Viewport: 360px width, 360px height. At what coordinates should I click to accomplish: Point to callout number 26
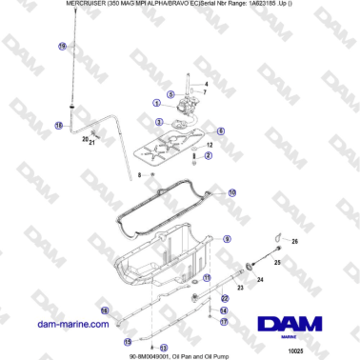[x=294, y=242]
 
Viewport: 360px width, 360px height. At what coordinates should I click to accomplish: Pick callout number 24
[x=260, y=279]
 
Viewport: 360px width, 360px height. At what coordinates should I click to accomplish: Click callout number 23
[x=240, y=287]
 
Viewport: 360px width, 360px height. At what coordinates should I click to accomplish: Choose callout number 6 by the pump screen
[x=221, y=130]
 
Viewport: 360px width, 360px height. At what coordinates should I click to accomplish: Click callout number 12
[x=209, y=143]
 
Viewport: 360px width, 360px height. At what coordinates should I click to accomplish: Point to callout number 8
[x=139, y=175]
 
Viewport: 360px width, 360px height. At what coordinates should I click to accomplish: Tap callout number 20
[x=85, y=138]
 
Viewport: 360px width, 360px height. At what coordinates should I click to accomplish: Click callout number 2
[x=209, y=154]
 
